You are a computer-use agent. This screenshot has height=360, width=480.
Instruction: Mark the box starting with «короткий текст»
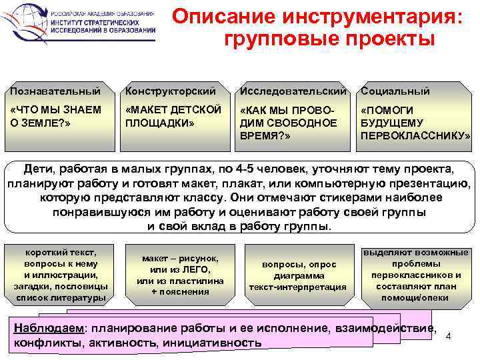click(61, 275)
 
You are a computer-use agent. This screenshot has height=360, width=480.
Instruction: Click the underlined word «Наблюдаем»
click(49, 329)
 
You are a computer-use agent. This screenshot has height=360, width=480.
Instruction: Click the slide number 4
click(448, 335)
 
